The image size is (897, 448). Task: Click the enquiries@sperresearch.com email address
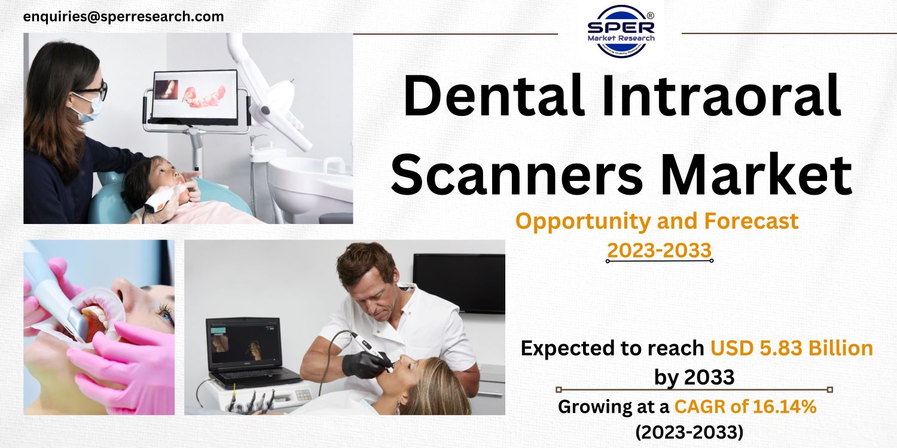coord(123,17)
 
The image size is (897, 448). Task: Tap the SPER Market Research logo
coord(620,30)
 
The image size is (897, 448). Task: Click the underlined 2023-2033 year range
coord(659,251)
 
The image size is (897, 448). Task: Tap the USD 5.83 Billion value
coord(792,348)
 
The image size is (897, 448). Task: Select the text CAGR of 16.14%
coord(745,407)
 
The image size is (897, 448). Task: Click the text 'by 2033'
coord(694,377)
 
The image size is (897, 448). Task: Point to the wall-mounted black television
coord(459,283)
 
